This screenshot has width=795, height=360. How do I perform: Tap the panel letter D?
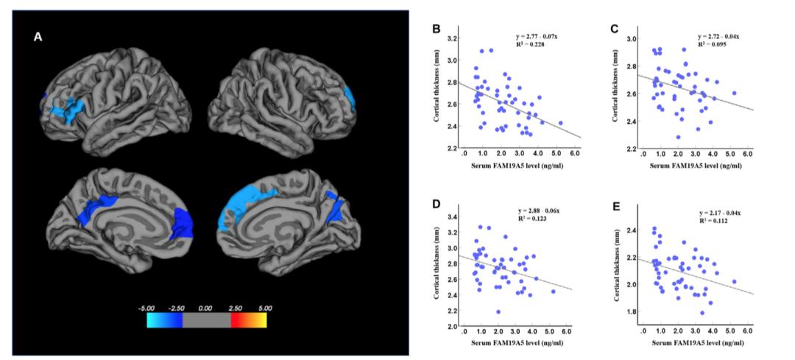(x=437, y=204)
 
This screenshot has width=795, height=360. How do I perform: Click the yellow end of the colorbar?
(x=261, y=319)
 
